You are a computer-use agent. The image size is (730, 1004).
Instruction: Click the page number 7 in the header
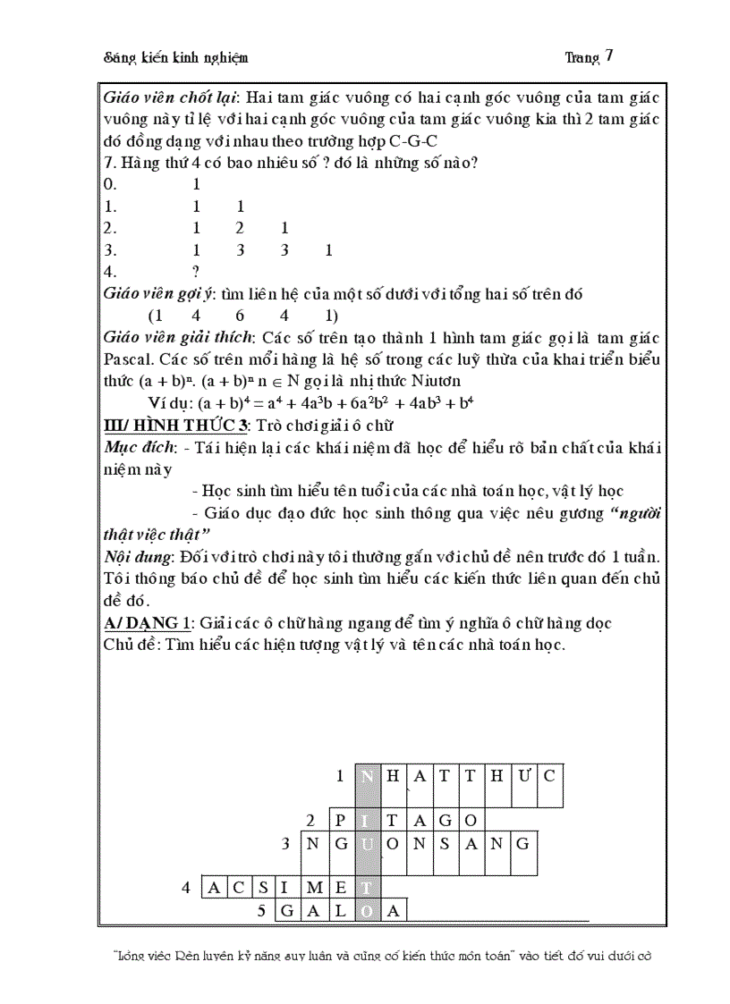[609, 55]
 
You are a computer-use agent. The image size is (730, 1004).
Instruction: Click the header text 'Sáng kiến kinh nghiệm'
[176, 57]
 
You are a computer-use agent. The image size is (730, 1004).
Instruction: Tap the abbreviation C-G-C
[413, 140]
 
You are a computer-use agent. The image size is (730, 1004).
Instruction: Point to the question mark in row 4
[196, 272]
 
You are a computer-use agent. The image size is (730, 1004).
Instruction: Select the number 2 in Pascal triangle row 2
[240, 228]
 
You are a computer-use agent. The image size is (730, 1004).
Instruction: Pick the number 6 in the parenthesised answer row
[240, 316]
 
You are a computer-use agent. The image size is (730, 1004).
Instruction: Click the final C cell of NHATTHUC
[548, 775]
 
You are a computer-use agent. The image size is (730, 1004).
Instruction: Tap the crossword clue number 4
[186, 888]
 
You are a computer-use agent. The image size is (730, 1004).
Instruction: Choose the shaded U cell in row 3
[368, 843]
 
